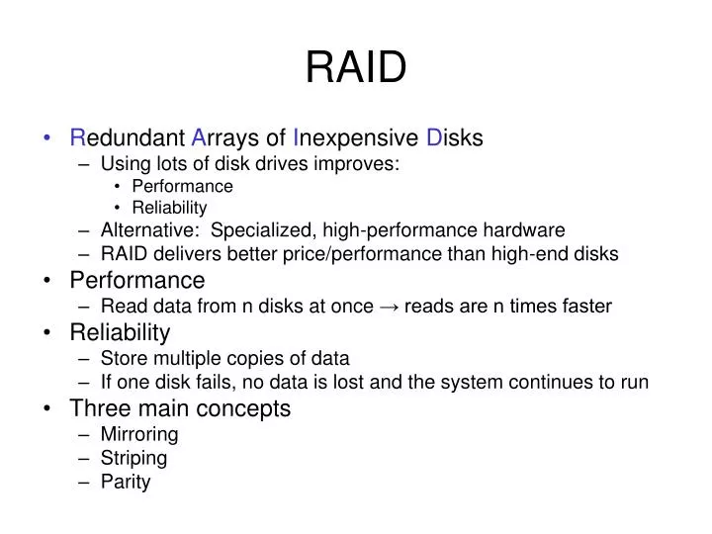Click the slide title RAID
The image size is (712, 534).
coord(356,66)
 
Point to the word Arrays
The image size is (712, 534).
coord(227,137)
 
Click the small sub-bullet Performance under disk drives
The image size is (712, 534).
coord(182,186)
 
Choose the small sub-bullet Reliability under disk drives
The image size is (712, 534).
coord(169,208)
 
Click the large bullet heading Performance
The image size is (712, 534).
coord(137,281)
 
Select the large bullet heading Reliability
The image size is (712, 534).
coord(120,332)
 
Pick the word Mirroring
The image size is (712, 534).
coord(139,434)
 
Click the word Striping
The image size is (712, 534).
coord(134,458)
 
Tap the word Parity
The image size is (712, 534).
coord(126,483)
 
